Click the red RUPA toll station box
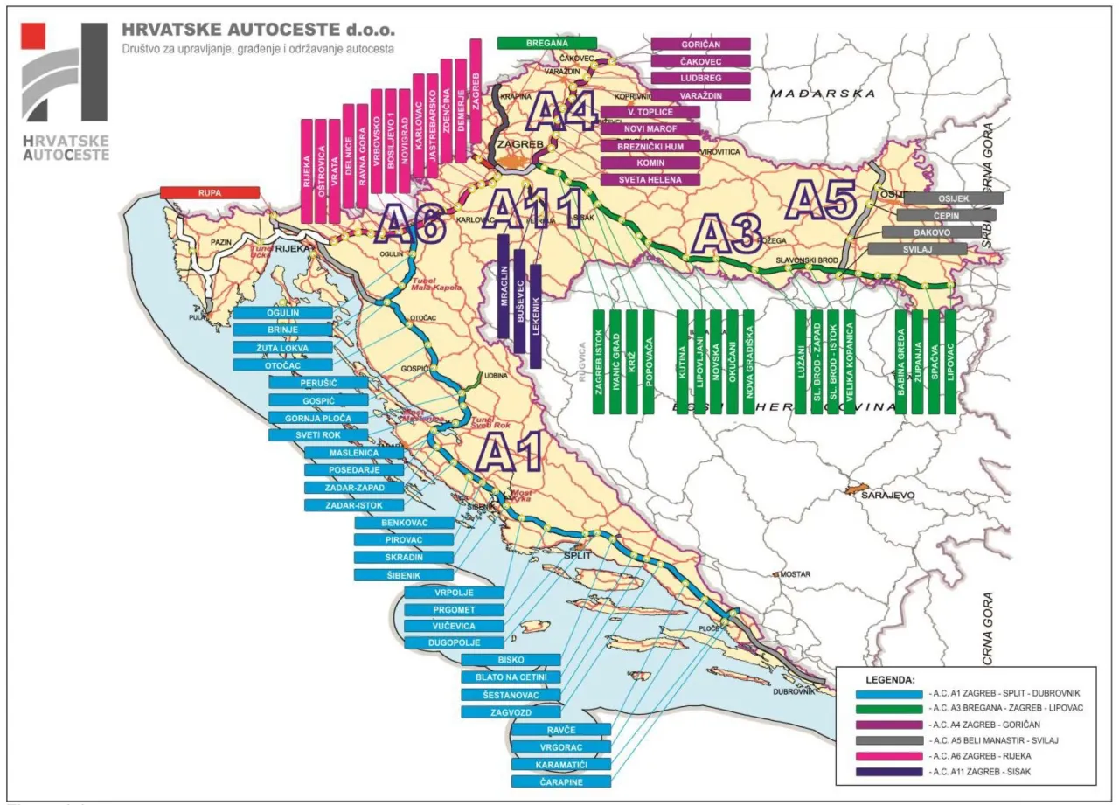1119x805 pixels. [210, 192]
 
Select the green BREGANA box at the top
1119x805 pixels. [547, 43]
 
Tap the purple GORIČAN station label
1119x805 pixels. [701, 44]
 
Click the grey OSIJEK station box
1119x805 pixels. [953, 198]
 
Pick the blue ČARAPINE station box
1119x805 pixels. [561, 782]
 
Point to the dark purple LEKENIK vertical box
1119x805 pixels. [536, 316]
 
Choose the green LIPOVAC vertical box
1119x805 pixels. [949, 361]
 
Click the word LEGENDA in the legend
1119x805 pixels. [890, 678]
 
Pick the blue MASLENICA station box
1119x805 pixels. [354, 453]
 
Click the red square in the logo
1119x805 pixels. [34, 36]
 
